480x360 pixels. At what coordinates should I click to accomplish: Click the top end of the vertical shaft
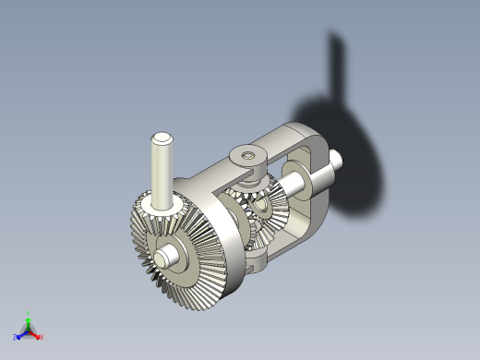162,138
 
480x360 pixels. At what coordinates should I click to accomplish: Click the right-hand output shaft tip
337,162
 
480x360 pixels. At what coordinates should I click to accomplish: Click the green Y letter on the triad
30,314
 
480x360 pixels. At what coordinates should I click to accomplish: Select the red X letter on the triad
42,337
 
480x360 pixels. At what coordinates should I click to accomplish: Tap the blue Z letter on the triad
16,338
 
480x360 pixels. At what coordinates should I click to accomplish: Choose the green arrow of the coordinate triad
29,323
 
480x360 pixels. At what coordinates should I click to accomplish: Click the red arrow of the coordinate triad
35,334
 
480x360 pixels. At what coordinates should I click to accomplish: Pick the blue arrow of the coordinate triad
22,334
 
